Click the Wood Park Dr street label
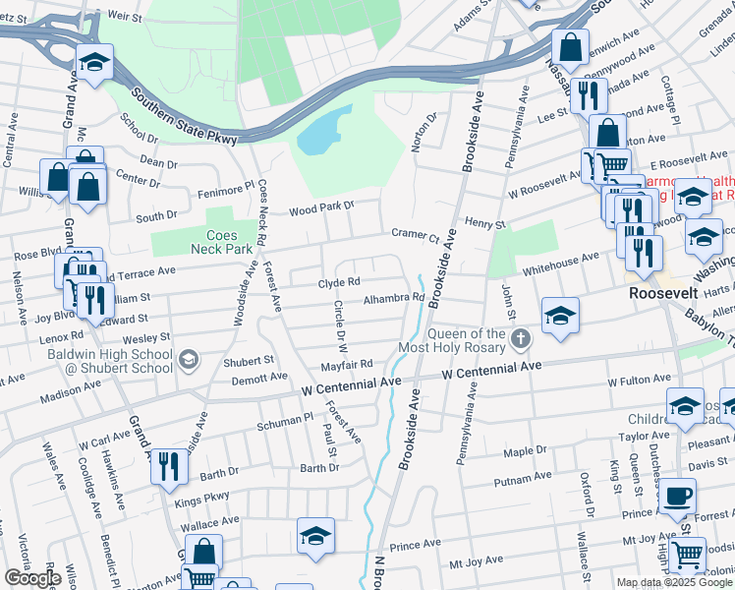click(320, 209)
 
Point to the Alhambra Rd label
click(393, 298)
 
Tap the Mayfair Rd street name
click(347, 364)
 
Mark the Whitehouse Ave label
click(560, 257)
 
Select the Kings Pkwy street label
click(203, 499)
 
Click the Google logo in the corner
click(32, 578)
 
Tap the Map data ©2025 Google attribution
click(674, 582)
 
